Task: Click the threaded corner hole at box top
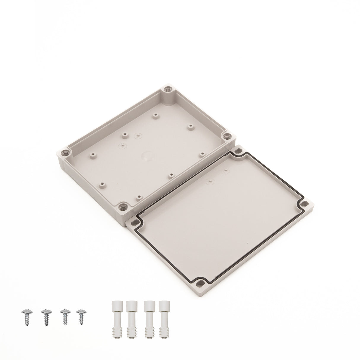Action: click(168, 88)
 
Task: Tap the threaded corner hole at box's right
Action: click(227, 136)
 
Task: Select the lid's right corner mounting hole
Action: click(304, 204)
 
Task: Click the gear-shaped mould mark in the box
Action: click(120, 146)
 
